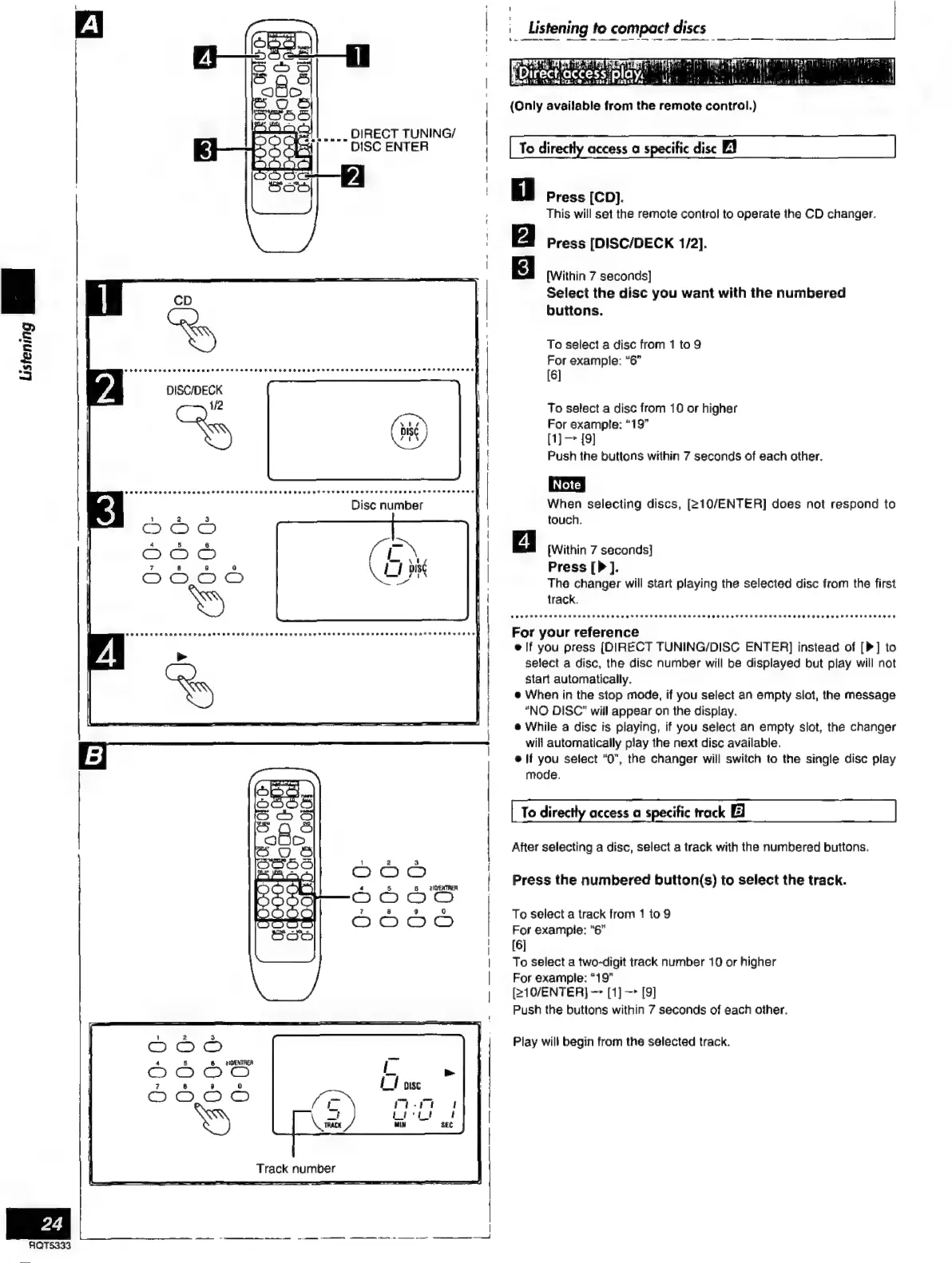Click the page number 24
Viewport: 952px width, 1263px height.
point(52,1223)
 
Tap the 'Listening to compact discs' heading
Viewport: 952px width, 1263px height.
point(617,28)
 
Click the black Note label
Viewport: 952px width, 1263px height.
point(566,485)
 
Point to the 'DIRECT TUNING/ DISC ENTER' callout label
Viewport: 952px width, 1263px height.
point(403,140)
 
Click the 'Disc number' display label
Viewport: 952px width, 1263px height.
point(387,505)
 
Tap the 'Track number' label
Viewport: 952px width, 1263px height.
point(296,1168)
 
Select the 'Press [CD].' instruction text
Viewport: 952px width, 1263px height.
point(585,197)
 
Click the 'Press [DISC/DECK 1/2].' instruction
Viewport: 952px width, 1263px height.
point(626,243)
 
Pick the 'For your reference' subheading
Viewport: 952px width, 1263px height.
point(575,632)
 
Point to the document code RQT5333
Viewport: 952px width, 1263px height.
point(50,1245)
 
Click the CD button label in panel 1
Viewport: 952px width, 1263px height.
point(183,301)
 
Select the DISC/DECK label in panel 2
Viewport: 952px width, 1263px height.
point(194,390)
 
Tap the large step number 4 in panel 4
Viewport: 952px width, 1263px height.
point(106,655)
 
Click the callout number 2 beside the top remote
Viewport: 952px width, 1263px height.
point(352,176)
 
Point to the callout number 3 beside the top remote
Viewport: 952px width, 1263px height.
point(205,149)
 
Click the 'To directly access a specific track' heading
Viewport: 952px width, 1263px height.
point(623,812)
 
